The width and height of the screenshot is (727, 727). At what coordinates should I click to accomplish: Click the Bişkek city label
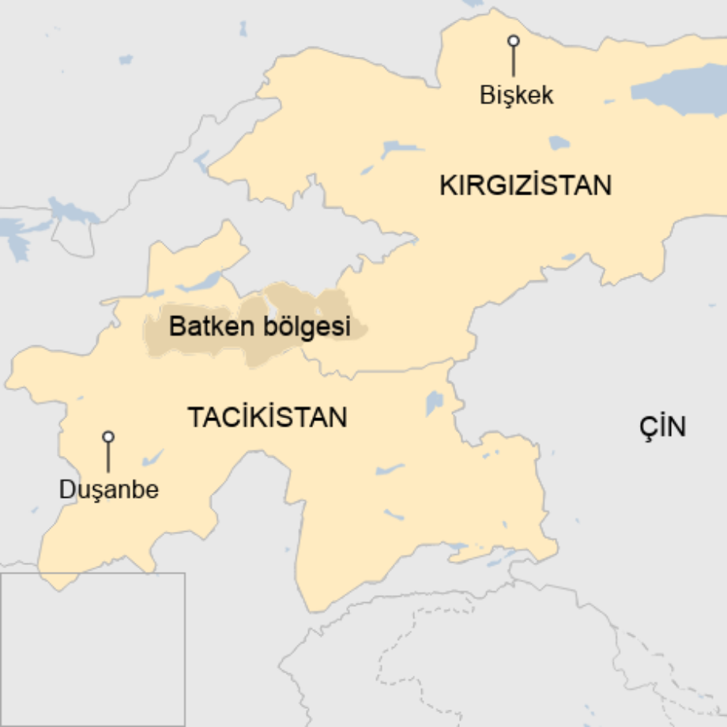(517, 96)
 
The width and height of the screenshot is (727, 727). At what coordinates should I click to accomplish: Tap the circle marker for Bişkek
(514, 40)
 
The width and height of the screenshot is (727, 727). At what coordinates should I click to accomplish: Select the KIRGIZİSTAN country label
(525, 186)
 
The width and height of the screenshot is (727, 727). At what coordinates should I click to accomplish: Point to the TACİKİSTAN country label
(267, 417)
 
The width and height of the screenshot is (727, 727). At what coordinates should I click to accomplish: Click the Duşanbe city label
(109, 490)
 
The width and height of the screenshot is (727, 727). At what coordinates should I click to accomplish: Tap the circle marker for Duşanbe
(108, 436)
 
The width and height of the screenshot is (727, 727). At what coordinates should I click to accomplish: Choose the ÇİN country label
(662, 427)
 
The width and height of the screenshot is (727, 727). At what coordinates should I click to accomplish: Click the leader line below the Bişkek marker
(514, 62)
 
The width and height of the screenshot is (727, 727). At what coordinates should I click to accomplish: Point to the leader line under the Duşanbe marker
(108, 458)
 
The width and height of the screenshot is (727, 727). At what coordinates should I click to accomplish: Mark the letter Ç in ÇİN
(647, 427)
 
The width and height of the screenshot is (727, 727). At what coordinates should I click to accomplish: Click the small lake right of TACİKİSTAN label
(434, 403)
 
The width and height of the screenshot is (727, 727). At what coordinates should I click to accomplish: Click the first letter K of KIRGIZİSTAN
(446, 186)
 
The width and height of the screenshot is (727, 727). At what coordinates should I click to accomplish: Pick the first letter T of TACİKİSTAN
(194, 417)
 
